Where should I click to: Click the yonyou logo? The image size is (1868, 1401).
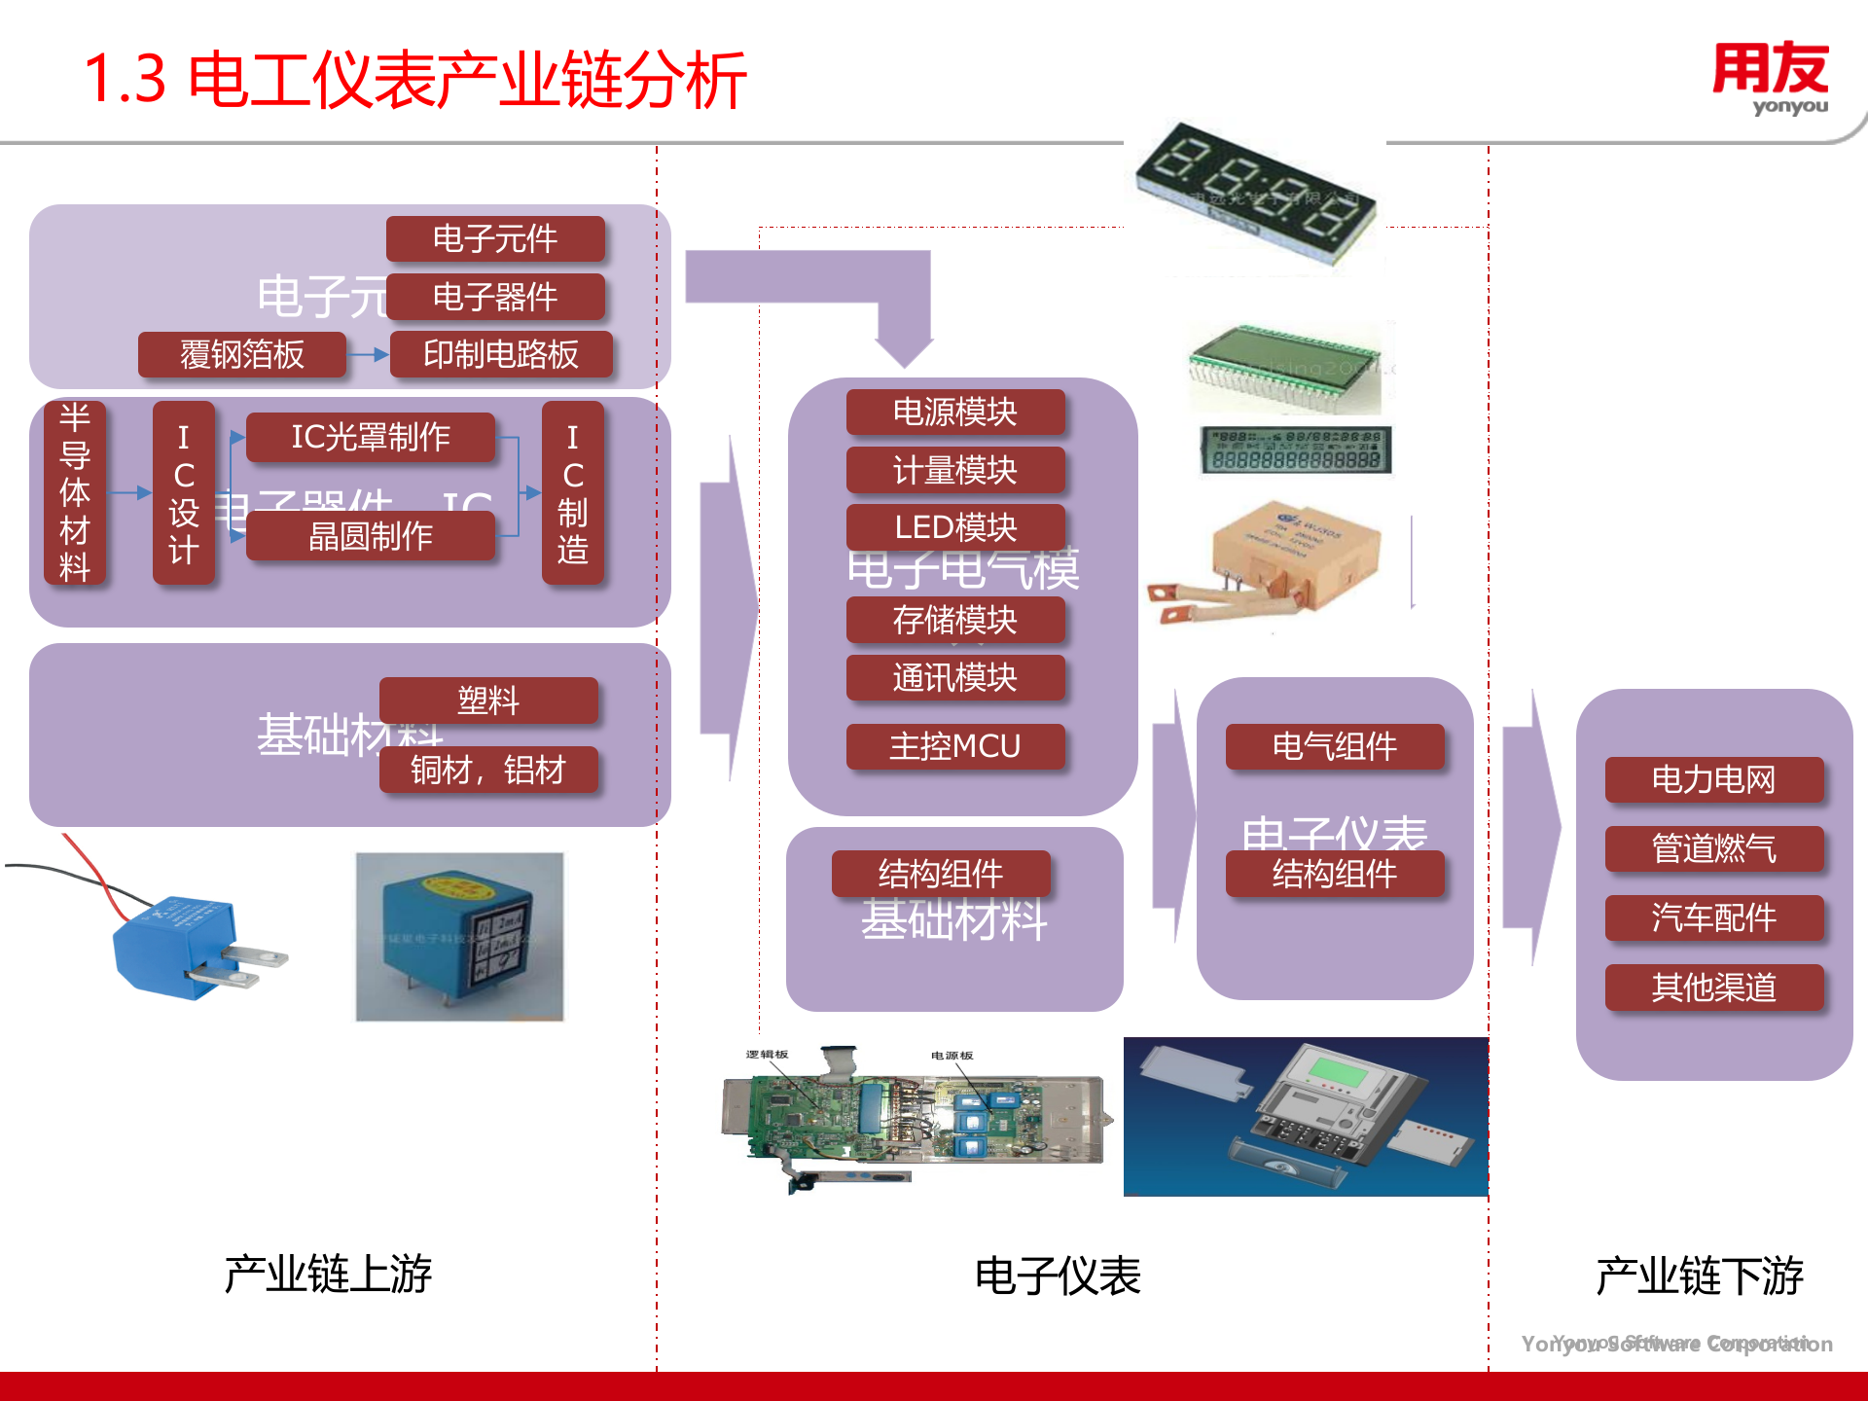[1770, 78]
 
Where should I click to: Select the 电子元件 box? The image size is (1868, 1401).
[495, 238]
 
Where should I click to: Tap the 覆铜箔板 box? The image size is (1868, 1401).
[242, 354]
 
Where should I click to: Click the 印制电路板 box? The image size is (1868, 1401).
[501, 354]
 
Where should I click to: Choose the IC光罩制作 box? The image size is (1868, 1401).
[371, 437]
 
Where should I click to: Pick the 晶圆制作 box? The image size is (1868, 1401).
[371, 536]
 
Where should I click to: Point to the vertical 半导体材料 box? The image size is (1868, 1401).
[75, 492]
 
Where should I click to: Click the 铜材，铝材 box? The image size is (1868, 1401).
[488, 770]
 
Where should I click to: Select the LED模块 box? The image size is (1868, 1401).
[955, 527]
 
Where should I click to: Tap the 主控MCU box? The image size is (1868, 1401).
[955, 746]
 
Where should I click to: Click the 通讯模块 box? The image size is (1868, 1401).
[955, 677]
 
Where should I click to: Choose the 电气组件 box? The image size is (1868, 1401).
[1335, 746]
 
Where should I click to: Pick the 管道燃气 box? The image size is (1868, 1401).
[1713, 848]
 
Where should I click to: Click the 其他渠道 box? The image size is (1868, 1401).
[1713, 988]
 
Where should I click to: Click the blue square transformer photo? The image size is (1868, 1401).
[459, 937]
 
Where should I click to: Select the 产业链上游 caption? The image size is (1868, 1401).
[328, 1274]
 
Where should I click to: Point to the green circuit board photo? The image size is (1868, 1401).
[915, 1119]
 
